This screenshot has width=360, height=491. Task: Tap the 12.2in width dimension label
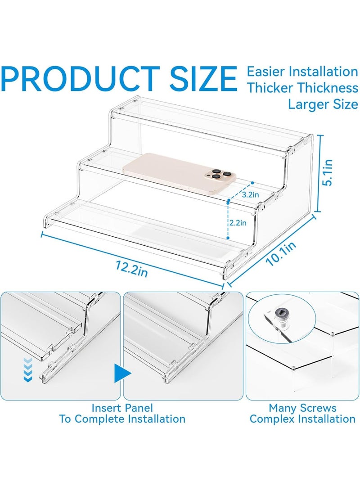click(x=131, y=268)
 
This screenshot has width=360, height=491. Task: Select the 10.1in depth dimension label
click(x=281, y=254)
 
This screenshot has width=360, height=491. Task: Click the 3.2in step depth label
click(x=250, y=195)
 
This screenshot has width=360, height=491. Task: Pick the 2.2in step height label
click(x=238, y=223)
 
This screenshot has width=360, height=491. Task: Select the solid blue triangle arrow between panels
click(x=122, y=373)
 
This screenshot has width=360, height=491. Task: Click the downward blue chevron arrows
click(x=28, y=370)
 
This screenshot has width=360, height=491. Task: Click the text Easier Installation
click(x=302, y=72)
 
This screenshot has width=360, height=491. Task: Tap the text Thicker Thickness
click(x=303, y=88)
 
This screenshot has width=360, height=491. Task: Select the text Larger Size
click(x=323, y=104)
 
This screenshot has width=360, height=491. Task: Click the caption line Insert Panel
click(x=122, y=408)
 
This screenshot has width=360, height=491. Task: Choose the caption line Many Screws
click(x=302, y=408)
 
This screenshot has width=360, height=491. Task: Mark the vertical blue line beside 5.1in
click(x=319, y=173)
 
